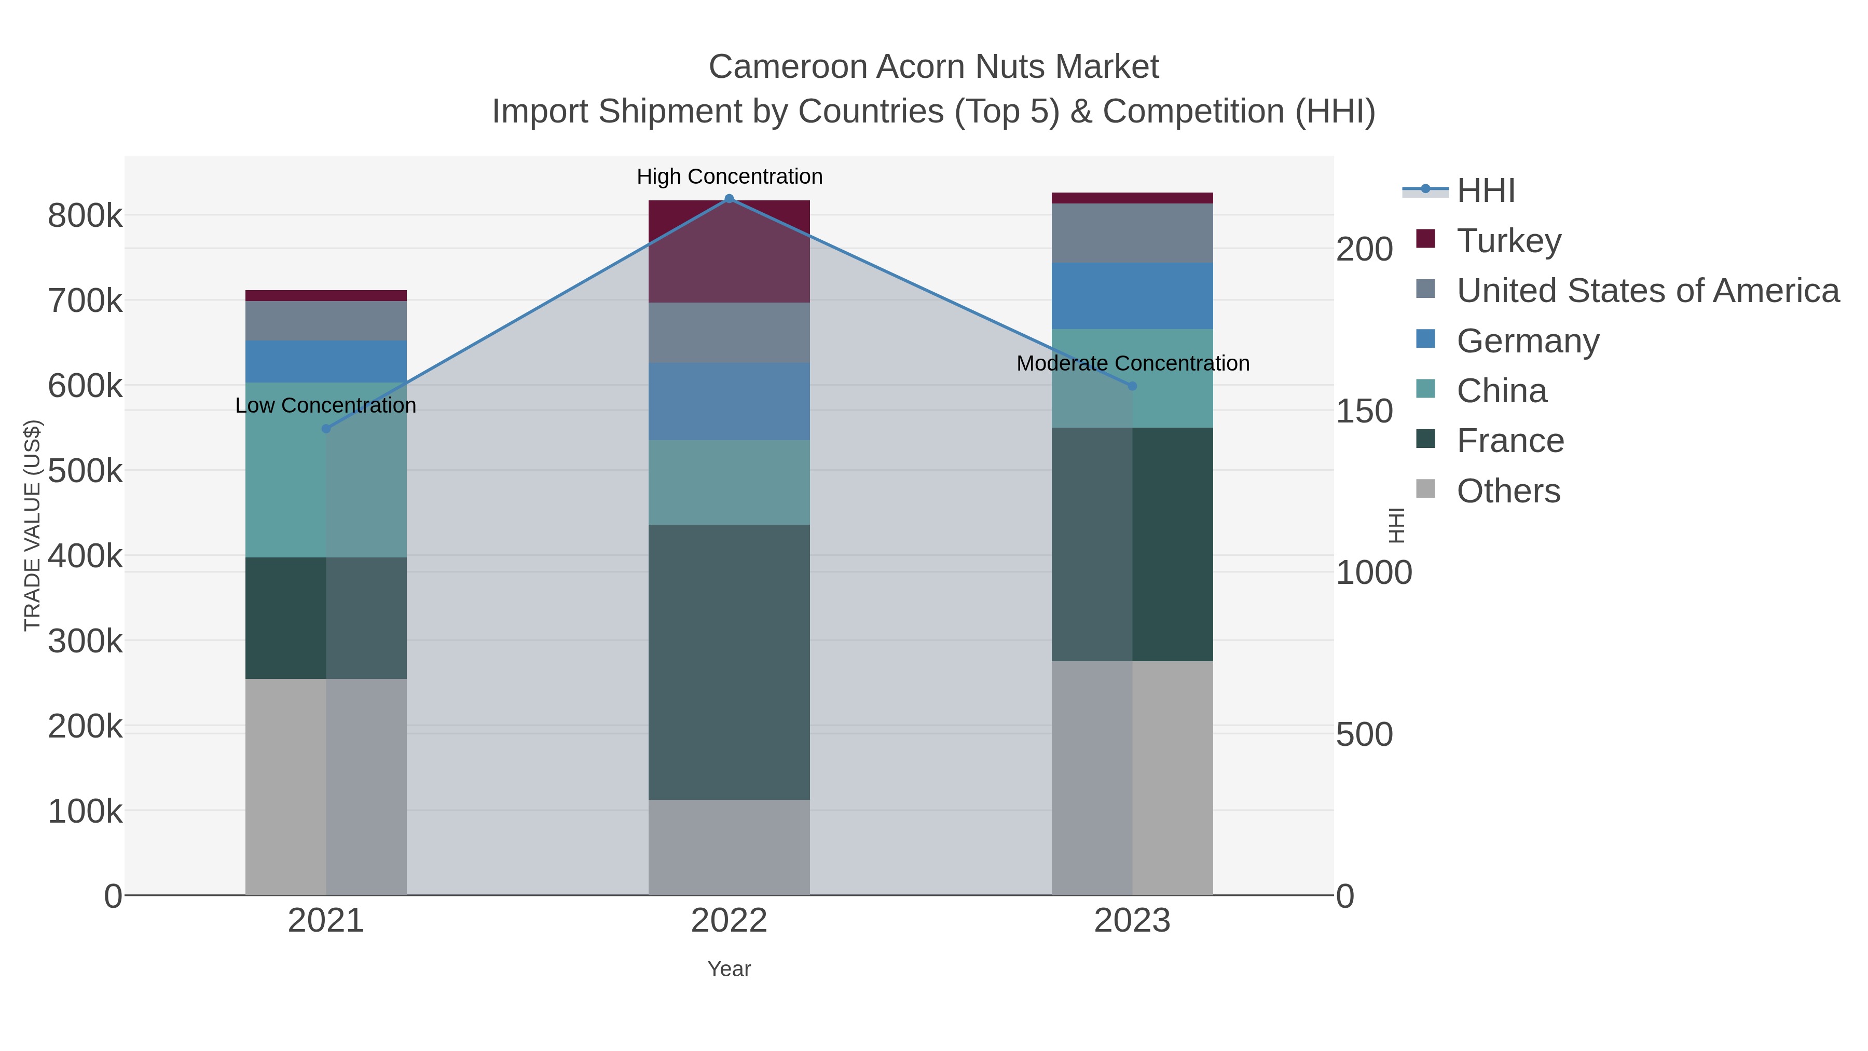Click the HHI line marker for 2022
point(730,199)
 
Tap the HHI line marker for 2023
point(1133,386)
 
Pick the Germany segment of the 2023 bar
point(1132,296)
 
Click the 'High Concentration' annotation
point(730,177)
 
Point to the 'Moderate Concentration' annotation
point(1133,363)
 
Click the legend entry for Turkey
point(1508,241)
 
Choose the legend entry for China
point(1501,391)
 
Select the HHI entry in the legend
point(1485,191)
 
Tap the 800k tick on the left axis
point(85,216)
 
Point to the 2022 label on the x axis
point(729,921)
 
